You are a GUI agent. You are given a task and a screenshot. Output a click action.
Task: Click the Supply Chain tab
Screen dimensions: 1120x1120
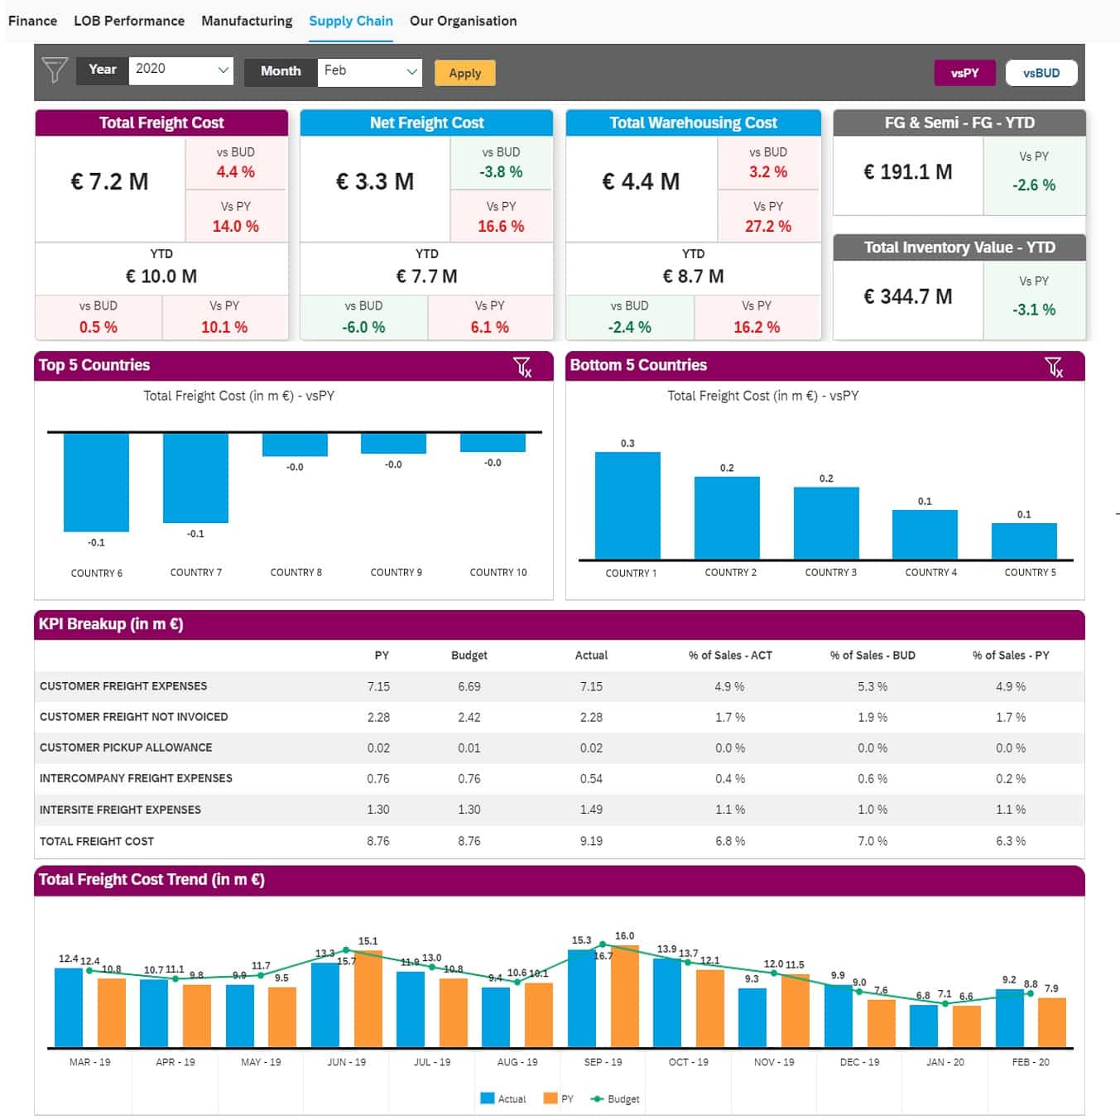pyautogui.click(x=350, y=21)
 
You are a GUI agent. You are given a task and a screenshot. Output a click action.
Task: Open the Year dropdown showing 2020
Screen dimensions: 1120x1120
pyautogui.click(x=180, y=70)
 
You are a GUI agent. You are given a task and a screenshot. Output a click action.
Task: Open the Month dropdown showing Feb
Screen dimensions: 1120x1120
pyautogui.click(x=369, y=71)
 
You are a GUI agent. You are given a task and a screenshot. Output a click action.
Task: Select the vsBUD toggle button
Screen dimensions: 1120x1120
pyautogui.click(x=1041, y=73)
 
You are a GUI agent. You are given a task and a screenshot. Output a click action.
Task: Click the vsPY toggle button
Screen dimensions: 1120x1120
pyautogui.click(x=964, y=73)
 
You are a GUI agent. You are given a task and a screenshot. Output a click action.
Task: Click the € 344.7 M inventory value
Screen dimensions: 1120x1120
pyautogui.click(x=907, y=296)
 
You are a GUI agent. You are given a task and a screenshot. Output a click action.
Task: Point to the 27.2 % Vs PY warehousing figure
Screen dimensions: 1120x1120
pyautogui.click(x=767, y=226)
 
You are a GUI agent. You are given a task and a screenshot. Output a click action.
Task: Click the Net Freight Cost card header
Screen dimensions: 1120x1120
pyautogui.click(x=426, y=123)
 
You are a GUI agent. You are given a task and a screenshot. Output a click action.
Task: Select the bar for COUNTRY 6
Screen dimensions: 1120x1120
pyautogui.click(x=96, y=482)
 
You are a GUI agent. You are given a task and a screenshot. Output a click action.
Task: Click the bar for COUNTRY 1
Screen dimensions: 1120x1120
pyautogui.click(x=627, y=505)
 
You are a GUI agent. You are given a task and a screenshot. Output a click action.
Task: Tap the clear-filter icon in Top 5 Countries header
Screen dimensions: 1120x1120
pyautogui.click(x=522, y=366)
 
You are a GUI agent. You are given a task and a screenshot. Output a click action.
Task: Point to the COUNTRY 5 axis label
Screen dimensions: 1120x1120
pyautogui.click(x=1030, y=573)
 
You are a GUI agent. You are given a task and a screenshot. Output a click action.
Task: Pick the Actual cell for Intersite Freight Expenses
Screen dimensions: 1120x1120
pyautogui.click(x=591, y=810)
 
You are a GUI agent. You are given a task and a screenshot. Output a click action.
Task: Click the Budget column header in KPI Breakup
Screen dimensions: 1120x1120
pyautogui.click(x=469, y=655)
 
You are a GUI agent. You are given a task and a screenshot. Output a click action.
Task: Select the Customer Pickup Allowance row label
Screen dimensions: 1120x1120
pyautogui.click(x=126, y=747)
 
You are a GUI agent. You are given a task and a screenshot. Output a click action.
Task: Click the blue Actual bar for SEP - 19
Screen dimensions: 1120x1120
pyautogui.click(x=581, y=997)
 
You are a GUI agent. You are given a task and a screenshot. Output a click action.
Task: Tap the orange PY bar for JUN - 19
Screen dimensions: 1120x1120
pyautogui.click(x=368, y=998)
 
